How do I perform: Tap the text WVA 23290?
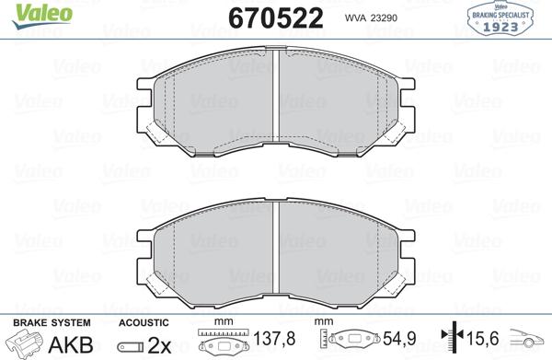369,17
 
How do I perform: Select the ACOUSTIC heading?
144,322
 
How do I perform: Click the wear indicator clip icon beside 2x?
132,345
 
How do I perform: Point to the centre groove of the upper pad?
278,101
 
